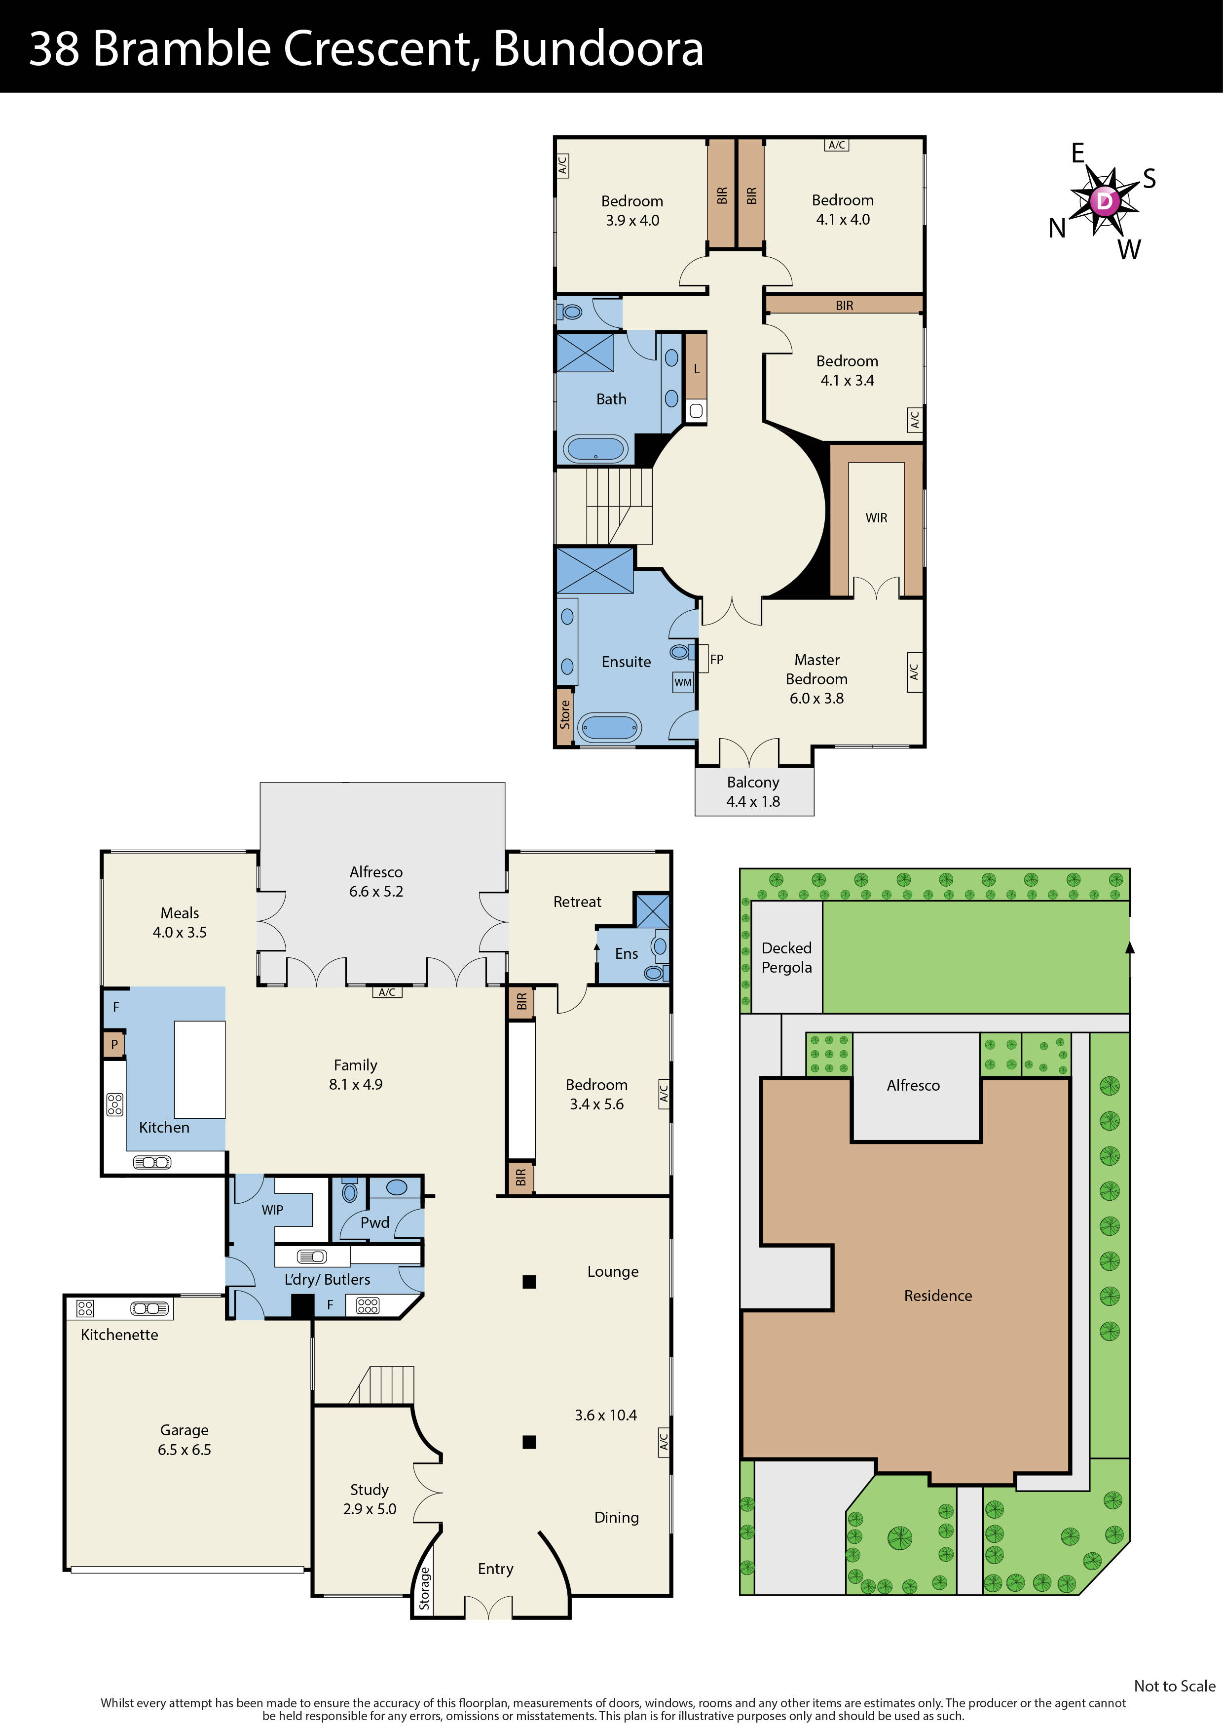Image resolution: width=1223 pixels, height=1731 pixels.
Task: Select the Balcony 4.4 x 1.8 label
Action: point(753,791)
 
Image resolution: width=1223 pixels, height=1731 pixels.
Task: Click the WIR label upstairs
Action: point(876,518)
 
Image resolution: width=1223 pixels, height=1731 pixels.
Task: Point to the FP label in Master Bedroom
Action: point(717,659)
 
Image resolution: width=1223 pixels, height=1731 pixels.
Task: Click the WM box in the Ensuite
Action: point(683,682)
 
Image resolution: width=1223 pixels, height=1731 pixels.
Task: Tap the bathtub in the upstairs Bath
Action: point(596,449)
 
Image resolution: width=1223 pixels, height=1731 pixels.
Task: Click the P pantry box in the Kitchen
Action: point(114,1045)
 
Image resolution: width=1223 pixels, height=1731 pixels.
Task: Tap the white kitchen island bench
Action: point(200,1069)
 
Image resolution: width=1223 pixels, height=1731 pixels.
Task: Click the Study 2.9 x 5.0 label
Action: point(369,1499)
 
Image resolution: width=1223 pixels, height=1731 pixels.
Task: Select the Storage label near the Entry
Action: point(424,1588)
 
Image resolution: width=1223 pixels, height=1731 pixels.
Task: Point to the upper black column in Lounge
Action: point(529,1282)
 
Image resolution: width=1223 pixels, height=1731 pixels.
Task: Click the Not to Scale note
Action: point(1174,1686)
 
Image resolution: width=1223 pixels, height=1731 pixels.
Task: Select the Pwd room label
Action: point(374,1222)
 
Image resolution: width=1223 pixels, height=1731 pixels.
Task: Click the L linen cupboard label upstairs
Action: point(696,369)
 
